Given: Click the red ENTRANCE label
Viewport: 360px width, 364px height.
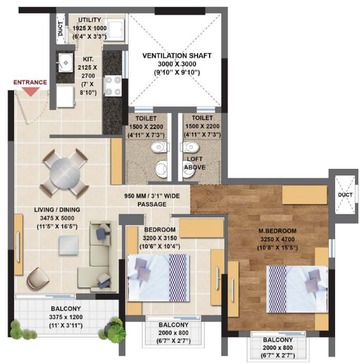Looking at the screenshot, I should pos(31,83).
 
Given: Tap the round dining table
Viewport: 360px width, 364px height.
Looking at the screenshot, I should pos(63,172).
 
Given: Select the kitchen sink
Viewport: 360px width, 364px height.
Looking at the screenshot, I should pos(66,63).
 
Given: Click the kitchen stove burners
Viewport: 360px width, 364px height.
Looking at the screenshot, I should pos(113,85).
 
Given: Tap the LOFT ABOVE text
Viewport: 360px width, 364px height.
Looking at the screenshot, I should pos(195,163).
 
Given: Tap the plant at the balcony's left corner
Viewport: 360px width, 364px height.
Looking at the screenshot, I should pos(23,332).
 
